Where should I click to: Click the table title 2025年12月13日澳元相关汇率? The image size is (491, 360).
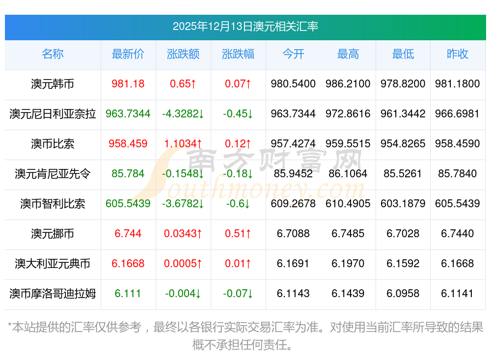point(245,26)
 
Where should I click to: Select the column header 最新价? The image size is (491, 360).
point(128,54)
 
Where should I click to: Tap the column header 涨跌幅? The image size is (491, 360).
point(238,54)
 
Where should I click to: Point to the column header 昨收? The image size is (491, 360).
point(458,54)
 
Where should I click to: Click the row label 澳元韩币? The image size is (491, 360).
point(53,84)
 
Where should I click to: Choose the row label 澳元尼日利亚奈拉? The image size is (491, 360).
point(53,114)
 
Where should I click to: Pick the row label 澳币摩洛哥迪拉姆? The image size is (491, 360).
point(53,294)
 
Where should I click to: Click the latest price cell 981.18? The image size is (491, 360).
point(128,84)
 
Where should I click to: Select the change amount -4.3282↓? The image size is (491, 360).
point(183,114)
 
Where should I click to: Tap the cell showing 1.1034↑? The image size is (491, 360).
point(183,144)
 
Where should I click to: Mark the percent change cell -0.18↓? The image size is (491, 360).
point(238,174)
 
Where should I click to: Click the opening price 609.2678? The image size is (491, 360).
point(293,204)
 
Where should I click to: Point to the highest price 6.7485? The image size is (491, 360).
point(348,234)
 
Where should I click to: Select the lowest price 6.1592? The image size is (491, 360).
point(403,264)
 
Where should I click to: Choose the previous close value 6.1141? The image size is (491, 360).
point(458,294)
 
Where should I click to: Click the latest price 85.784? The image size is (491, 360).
point(128,174)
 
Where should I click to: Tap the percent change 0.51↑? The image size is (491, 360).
point(238,234)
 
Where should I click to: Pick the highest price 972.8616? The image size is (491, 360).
point(348,114)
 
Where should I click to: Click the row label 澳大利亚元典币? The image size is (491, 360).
point(53,264)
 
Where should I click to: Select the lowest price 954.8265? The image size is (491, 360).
point(403,144)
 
